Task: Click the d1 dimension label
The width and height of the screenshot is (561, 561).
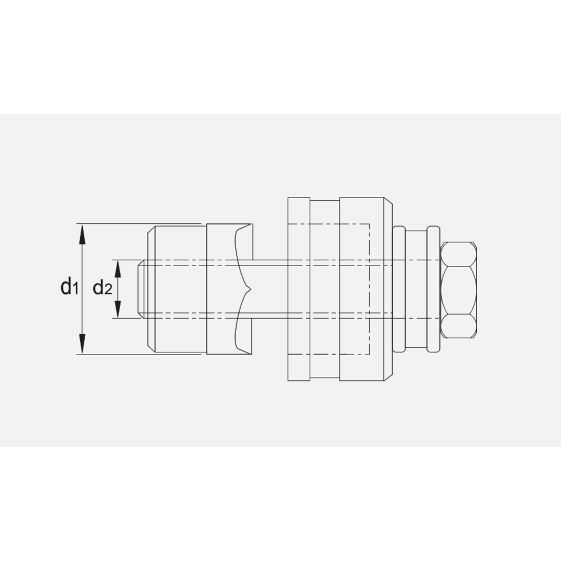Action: point(68,288)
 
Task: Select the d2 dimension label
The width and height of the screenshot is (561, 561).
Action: point(103,288)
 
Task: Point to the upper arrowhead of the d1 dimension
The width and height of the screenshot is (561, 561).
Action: point(82,233)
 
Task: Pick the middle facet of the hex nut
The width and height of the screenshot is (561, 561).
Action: point(458,289)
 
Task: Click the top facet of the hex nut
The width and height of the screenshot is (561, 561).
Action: point(458,254)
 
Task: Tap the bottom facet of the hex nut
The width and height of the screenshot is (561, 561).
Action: point(458,327)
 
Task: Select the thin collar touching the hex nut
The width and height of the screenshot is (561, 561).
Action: point(434,289)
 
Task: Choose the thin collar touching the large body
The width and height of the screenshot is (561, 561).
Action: point(399,289)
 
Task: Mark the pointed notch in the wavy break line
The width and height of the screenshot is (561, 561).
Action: point(249,289)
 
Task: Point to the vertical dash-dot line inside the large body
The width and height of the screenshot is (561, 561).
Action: point(369,289)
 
